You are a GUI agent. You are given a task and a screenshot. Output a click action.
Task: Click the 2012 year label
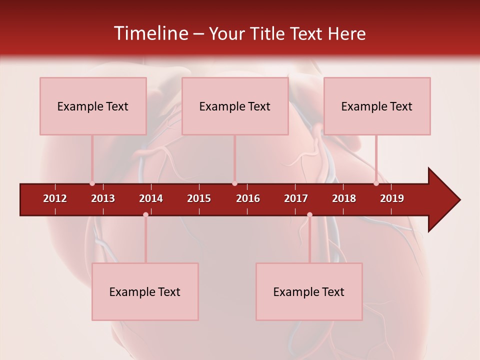point(55,198)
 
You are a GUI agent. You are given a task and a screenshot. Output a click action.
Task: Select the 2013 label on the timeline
point(103,198)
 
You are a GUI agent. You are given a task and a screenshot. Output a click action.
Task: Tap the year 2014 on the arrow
point(151,198)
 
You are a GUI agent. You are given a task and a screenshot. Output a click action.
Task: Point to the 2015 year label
point(199,198)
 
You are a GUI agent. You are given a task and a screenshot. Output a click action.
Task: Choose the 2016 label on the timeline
point(248,198)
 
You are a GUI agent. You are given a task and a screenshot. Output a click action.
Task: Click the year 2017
point(296,198)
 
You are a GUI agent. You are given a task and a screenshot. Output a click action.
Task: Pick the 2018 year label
point(344,198)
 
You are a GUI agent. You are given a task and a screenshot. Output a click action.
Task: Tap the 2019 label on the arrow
point(392,198)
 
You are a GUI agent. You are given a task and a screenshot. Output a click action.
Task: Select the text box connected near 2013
point(93,106)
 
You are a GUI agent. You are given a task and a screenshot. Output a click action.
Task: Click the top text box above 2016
point(235,106)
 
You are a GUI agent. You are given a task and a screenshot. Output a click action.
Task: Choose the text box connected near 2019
point(377,106)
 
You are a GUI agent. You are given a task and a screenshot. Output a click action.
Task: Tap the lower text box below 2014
point(145,291)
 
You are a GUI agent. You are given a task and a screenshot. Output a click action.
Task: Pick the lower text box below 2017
point(309,291)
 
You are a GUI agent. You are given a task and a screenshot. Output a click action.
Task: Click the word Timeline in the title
point(150,33)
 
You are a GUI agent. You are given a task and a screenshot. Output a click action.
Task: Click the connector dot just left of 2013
point(92,183)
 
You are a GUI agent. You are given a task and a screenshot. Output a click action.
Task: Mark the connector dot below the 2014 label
point(145,214)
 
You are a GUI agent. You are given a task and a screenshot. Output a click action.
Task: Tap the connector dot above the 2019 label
point(376,183)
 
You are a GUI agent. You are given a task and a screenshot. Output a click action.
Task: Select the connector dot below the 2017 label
point(309,214)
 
